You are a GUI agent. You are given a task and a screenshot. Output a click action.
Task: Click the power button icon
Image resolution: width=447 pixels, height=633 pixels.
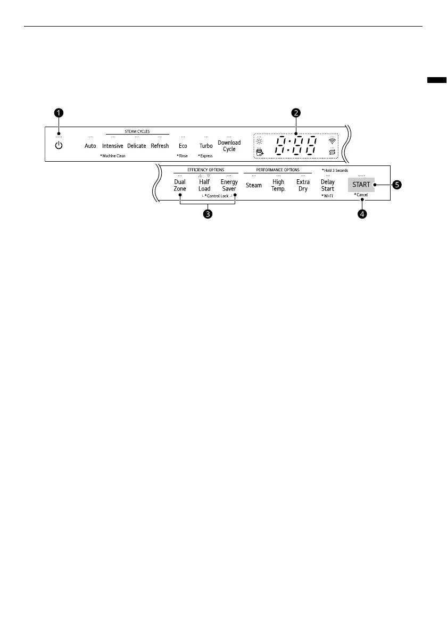(59, 145)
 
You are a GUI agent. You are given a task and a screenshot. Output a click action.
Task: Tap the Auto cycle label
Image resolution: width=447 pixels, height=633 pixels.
(90, 146)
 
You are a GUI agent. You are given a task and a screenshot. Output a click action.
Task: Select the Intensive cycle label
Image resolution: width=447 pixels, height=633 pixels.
(113, 146)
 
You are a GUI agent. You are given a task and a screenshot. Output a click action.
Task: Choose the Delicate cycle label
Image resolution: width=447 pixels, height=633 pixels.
(137, 146)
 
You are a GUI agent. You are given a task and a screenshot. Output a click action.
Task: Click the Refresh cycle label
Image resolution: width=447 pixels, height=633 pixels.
(160, 146)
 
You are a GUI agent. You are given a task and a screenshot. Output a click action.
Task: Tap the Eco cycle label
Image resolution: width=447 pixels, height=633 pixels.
(183, 146)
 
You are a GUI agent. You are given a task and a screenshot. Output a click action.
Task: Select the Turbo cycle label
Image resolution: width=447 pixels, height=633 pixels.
(206, 146)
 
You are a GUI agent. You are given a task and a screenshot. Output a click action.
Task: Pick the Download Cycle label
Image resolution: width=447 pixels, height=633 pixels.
(229, 146)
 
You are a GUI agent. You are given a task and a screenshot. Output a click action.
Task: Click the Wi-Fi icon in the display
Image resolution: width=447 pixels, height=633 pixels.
(333, 141)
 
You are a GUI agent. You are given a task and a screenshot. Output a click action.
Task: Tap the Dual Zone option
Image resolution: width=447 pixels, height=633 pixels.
(180, 185)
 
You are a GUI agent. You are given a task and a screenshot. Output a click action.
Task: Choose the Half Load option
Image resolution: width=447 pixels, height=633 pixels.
(204, 185)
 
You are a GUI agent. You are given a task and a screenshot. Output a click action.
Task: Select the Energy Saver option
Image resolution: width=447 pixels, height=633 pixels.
(229, 185)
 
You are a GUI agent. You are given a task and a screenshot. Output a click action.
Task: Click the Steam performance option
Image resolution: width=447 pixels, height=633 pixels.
(254, 185)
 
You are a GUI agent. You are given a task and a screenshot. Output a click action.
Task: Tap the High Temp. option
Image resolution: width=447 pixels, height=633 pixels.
(278, 185)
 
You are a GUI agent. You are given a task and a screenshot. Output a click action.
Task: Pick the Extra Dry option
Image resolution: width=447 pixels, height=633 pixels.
(303, 185)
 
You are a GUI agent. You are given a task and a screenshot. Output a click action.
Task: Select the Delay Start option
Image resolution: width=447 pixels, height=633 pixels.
(328, 185)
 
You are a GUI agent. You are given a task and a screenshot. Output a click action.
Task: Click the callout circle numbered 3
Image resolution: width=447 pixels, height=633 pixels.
(209, 214)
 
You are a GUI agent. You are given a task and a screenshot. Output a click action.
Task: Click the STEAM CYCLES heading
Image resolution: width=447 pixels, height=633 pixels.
(137, 131)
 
